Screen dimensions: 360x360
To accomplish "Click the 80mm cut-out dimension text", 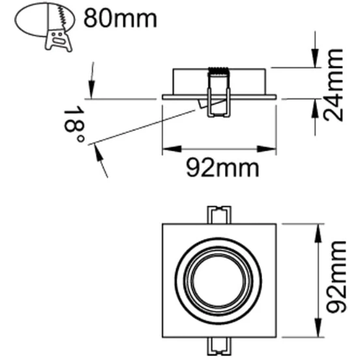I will pos(121,18).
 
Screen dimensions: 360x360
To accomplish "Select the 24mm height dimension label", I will pos(335,85).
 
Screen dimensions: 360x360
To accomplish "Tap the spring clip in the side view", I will pos(218,91).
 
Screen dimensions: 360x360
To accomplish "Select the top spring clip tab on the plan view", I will pos(219,215).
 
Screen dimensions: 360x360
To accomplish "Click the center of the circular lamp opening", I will pos(219,279).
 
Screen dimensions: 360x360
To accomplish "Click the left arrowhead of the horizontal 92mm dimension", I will pos(166,149).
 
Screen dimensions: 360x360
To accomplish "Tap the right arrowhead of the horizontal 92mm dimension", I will pos(273,149).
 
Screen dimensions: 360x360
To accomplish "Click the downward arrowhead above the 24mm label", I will pos(313,61).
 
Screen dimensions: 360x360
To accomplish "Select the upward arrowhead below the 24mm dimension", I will pos(313,104).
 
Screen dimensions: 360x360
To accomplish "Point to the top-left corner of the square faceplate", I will pos(163,224).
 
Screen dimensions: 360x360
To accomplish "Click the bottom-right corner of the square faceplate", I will pos(276,337).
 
